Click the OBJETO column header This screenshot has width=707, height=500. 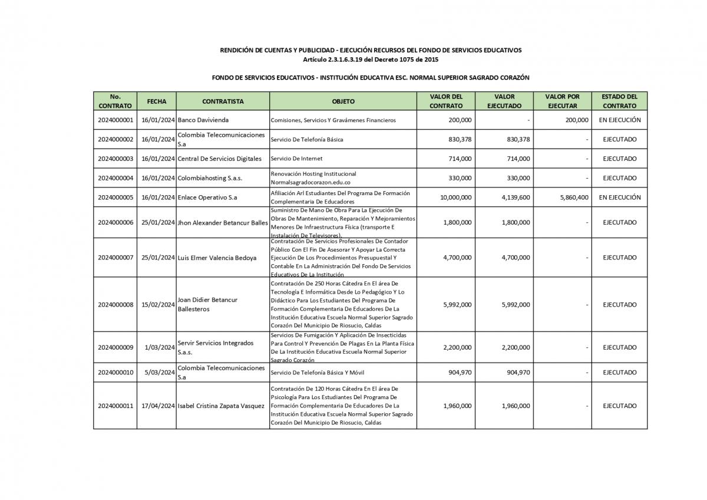[343, 101]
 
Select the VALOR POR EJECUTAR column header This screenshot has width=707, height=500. [562, 101]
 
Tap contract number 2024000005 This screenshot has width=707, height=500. [115, 198]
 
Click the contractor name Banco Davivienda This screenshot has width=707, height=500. [203, 120]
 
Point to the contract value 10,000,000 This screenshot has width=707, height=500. [455, 198]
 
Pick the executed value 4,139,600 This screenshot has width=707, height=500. [516, 198]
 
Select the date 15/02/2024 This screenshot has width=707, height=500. [158, 305]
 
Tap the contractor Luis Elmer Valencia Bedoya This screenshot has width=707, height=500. [217, 258]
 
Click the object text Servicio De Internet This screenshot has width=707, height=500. [296, 159]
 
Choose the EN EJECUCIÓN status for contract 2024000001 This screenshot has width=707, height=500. [619, 120]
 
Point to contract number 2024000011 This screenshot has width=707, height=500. [115, 406]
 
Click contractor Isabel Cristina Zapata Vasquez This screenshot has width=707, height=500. [221, 406]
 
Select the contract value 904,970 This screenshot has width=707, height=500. [458, 373]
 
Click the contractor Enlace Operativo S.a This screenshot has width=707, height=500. [207, 198]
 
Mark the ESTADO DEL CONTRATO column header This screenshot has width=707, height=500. [619, 101]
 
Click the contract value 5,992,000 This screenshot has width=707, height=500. [457, 305]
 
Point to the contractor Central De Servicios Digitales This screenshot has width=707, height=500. [219, 159]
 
